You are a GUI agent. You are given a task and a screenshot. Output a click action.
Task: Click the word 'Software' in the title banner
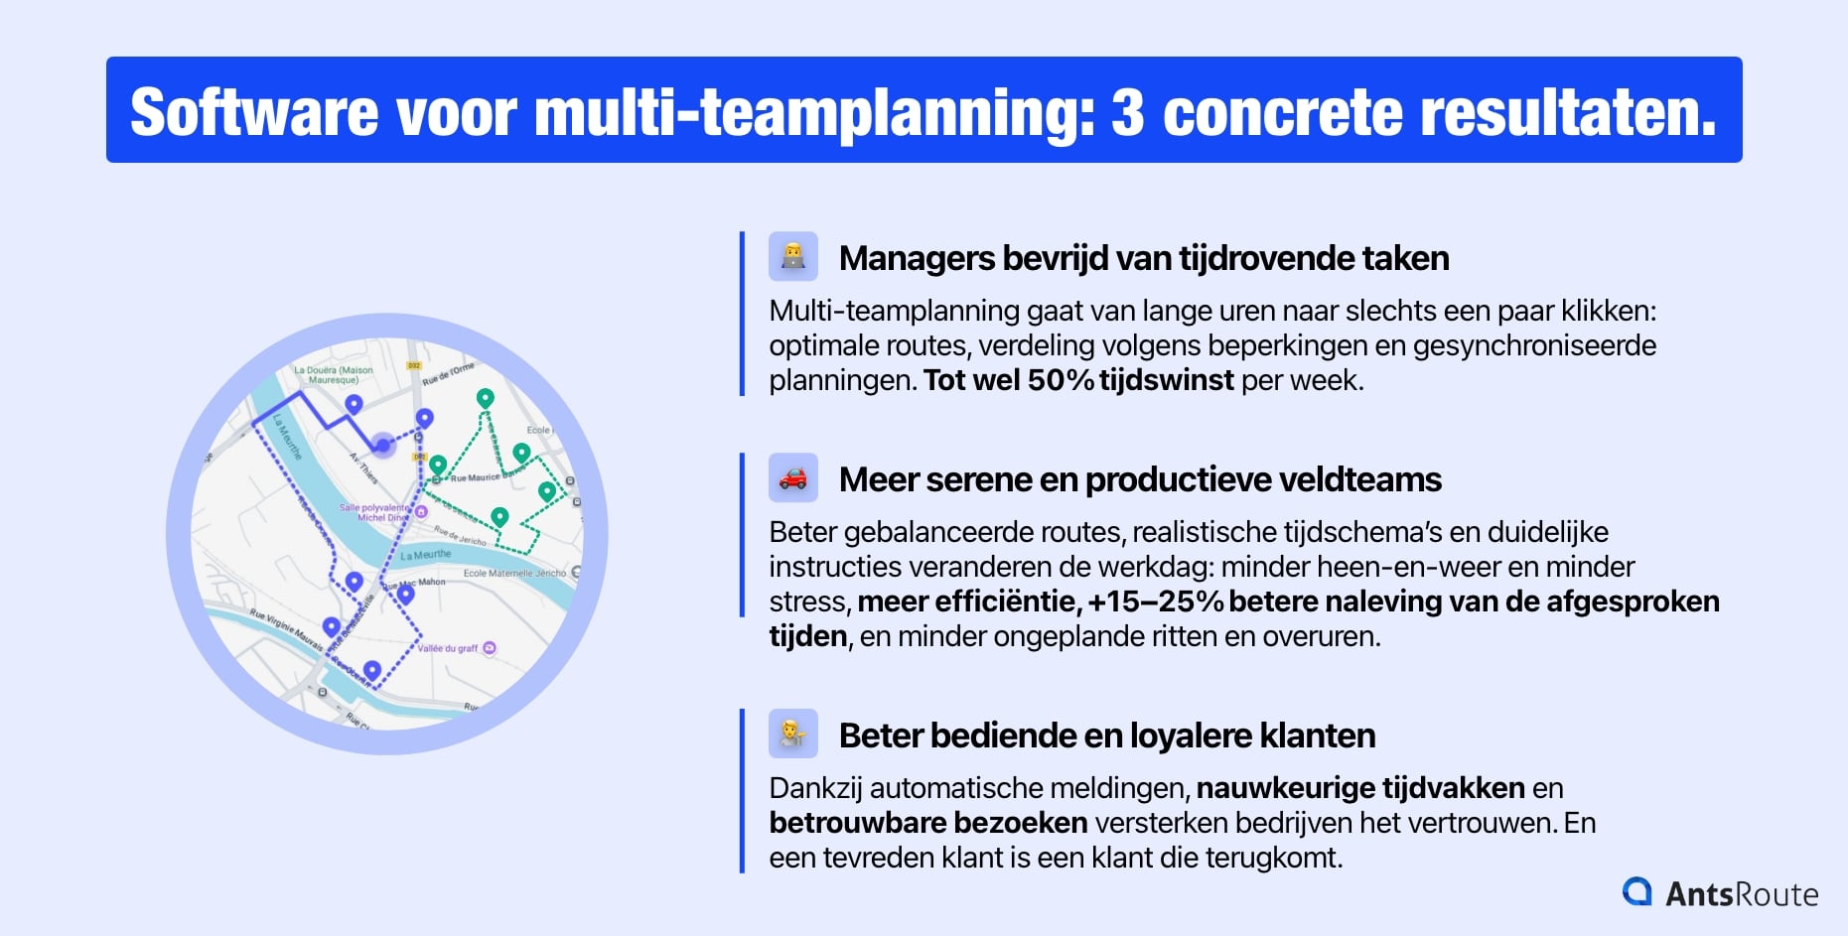[254, 111]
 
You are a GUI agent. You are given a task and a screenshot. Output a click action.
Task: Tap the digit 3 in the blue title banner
[1127, 112]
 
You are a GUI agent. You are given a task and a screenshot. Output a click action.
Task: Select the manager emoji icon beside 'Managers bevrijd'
[792, 257]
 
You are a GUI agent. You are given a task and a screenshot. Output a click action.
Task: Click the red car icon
[792, 478]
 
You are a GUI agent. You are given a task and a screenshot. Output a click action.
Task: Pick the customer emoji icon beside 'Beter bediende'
[792, 735]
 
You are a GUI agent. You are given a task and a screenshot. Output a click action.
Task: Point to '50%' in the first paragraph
[1061, 380]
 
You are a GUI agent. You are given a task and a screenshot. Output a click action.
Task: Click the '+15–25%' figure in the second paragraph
[1155, 602]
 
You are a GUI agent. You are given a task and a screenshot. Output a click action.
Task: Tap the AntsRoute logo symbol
[1636, 891]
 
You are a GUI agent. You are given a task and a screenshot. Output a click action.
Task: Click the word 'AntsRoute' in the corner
[1742, 894]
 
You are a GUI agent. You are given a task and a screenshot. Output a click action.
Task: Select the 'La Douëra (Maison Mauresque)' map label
[334, 374]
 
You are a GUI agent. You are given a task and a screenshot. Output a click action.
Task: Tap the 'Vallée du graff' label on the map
[448, 648]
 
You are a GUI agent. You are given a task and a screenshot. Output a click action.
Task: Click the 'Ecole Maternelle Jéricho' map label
[514, 573]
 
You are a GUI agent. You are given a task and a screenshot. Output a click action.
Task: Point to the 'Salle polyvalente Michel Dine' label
[375, 512]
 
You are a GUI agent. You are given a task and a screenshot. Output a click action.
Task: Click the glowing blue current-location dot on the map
[382, 445]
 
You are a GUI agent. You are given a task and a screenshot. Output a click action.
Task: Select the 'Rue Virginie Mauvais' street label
[287, 627]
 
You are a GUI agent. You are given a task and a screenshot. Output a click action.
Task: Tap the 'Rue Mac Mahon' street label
[421, 584]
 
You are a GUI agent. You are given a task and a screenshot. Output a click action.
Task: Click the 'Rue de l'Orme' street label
[449, 374]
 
